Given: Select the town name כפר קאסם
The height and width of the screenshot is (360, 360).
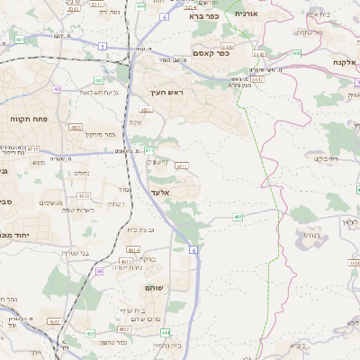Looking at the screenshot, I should pyautogui.click(x=211, y=53).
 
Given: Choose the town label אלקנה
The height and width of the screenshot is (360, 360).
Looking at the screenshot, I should pyautogui.click(x=344, y=62).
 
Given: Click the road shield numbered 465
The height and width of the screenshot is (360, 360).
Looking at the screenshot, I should pyautogui.click(x=238, y=217).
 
